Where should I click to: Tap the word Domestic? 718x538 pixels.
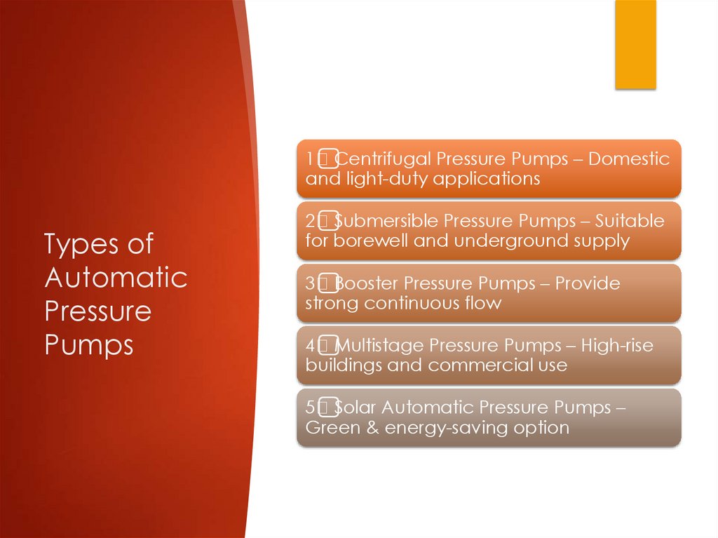(629, 159)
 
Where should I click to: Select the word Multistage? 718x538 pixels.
(379, 345)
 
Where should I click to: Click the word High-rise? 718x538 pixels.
(617, 345)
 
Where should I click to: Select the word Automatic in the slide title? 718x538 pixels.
(116, 277)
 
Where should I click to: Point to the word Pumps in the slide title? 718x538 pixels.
(89, 344)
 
